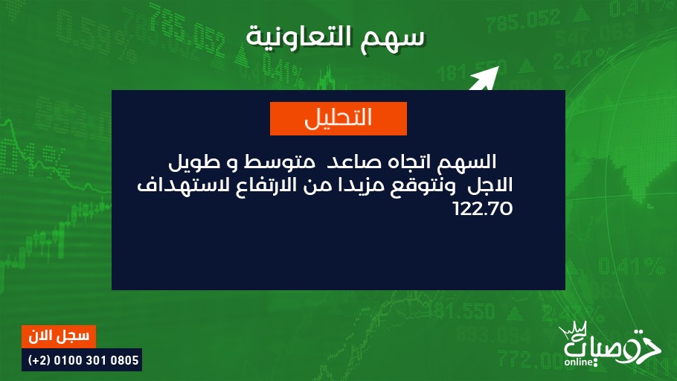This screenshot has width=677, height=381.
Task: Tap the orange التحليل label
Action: pyautogui.click(x=338, y=118)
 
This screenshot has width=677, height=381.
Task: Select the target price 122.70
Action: pyautogui.click(x=483, y=208)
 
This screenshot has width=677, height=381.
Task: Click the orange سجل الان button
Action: pyautogui.click(x=59, y=336)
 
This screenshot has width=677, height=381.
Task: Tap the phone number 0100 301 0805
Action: pyautogui.click(x=96, y=360)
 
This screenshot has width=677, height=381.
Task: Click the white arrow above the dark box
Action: pyautogui.click(x=484, y=79)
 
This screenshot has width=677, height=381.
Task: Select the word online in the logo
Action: pyautogui.click(x=578, y=362)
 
